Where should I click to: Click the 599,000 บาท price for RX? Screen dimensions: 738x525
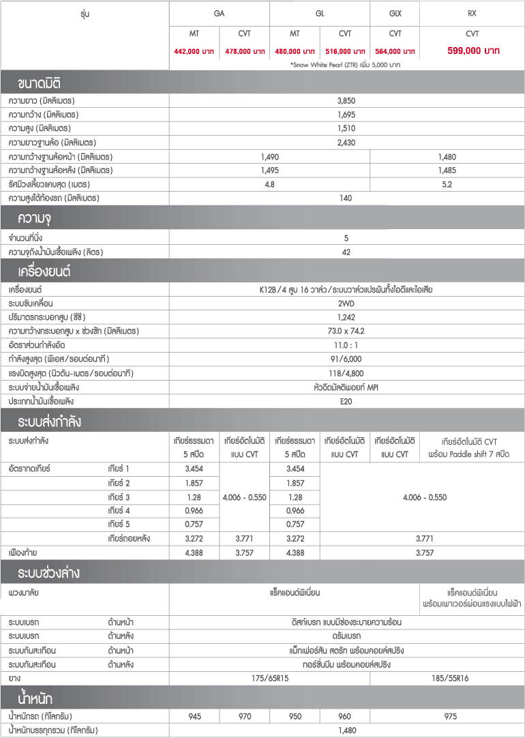(472, 50)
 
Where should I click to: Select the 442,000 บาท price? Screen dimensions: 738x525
(194, 51)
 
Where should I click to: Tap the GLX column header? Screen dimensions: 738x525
(395, 14)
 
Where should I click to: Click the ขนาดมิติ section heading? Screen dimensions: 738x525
(40, 84)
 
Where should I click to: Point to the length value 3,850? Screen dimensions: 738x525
(346, 100)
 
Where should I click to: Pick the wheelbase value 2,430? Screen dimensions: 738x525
(346, 143)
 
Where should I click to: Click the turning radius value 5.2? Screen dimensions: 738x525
(447, 184)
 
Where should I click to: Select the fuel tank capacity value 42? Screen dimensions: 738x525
(346, 252)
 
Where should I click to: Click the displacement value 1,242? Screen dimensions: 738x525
(346, 317)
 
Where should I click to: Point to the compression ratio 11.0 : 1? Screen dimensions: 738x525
(346, 345)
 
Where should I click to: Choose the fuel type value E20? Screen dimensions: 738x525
(346, 401)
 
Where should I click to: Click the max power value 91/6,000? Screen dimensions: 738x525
(346, 359)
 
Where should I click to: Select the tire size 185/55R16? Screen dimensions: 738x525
(447, 678)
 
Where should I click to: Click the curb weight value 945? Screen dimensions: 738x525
(194, 716)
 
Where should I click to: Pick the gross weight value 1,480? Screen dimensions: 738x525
(346, 730)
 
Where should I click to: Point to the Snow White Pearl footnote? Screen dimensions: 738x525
(345, 65)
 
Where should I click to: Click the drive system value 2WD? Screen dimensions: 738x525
(346, 303)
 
